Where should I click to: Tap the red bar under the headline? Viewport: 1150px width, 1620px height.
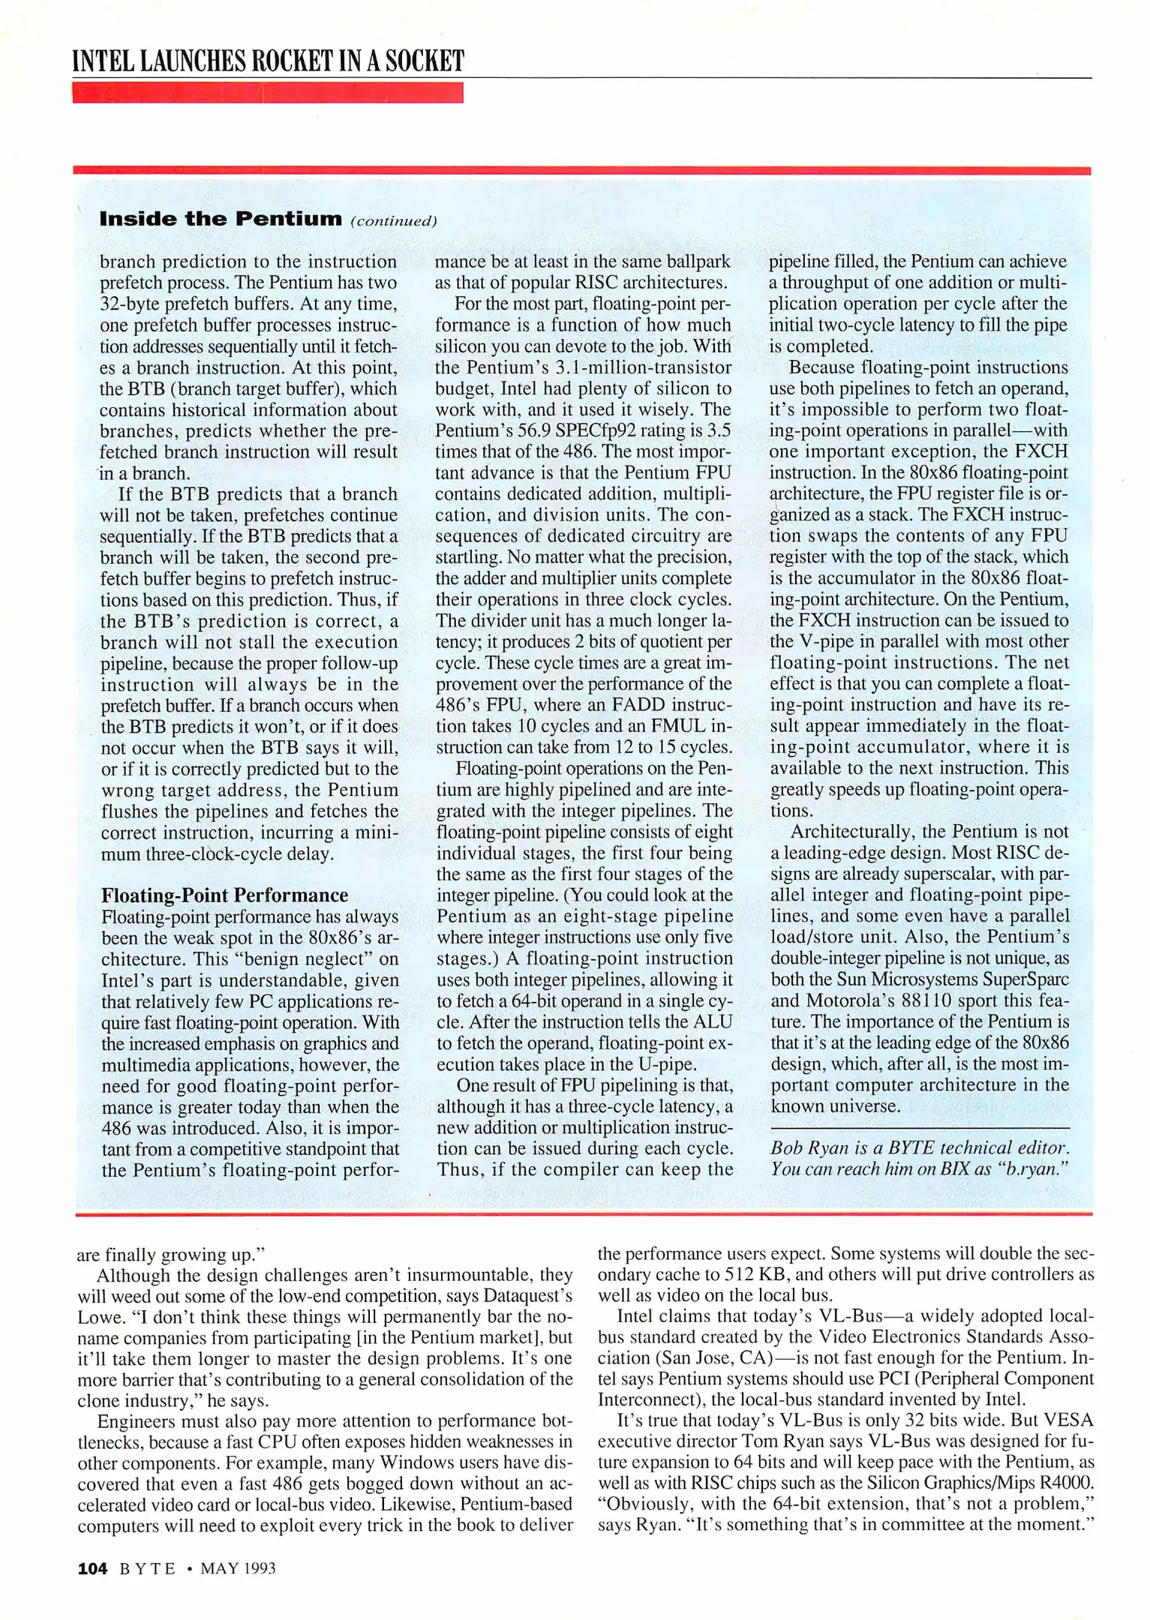click(x=267, y=93)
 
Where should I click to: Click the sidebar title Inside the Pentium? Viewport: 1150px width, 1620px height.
click(x=221, y=219)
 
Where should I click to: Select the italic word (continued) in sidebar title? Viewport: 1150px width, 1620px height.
click(x=393, y=221)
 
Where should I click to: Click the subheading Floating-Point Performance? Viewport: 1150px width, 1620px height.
click(x=224, y=895)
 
